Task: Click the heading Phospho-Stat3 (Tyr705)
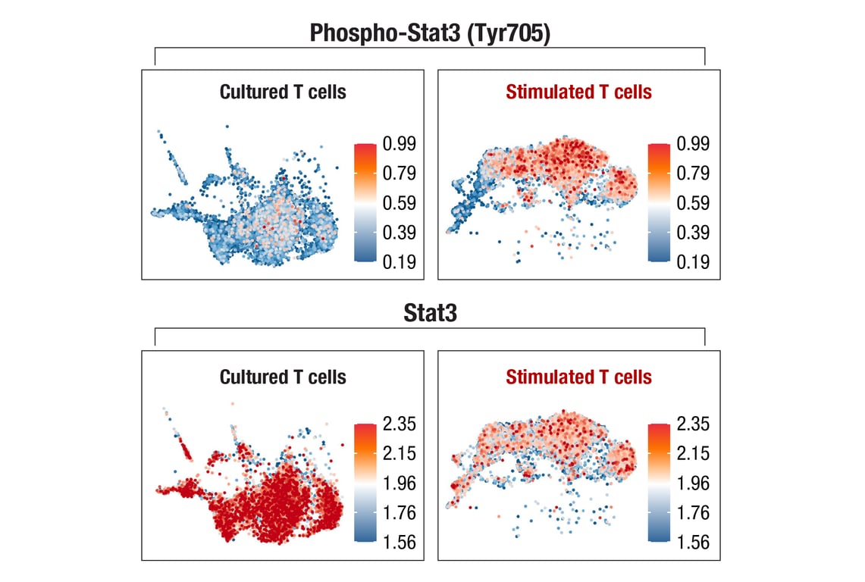tap(430, 33)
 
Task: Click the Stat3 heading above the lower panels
tap(430, 314)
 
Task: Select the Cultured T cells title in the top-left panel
tap(283, 92)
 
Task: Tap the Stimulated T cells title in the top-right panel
tap(578, 92)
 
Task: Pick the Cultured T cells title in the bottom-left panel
tap(283, 377)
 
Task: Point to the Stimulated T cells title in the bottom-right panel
tap(578, 377)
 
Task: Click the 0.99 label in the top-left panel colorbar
tap(399, 144)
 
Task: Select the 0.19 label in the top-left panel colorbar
tap(399, 262)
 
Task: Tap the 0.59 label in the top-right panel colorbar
tap(693, 203)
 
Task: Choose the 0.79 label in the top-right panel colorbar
tap(693, 174)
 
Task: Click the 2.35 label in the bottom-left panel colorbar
tap(399, 424)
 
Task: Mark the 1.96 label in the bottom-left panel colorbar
tap(399, 483)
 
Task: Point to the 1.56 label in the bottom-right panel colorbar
tap(693, 543)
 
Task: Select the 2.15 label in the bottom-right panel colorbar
tap(693, 454)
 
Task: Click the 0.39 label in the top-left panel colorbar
tap(399, 233)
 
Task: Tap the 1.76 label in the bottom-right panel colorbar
tap(693, 513)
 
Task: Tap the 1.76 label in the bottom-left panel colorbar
tap(399, 513)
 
